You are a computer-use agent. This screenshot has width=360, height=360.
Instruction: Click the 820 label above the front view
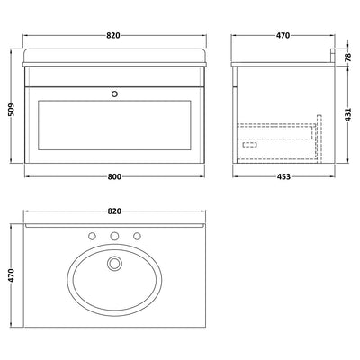point(112,37)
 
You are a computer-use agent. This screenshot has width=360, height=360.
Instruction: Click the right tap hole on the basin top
point(137,237)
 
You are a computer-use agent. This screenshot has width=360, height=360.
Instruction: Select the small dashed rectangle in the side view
point(250,148)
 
